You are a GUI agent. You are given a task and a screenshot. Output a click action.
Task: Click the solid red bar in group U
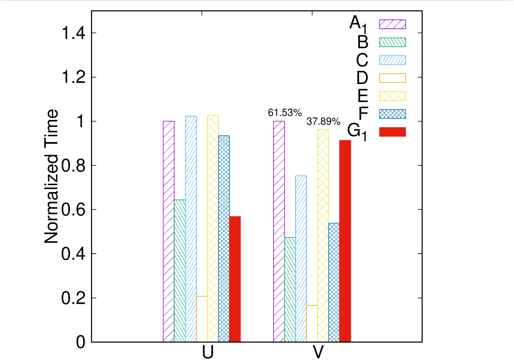pos(235,279)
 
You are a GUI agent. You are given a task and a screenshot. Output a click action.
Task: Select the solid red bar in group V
pos(345,241)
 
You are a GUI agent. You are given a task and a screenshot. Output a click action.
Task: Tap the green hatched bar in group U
pos(180,271)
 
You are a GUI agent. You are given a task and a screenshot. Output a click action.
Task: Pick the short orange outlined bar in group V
pos(312,324)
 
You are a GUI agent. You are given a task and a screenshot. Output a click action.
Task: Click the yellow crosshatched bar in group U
pos(213,229)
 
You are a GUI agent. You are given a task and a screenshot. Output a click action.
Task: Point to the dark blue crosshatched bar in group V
pos(334,282)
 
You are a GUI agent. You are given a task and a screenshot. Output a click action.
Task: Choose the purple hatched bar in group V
pos(279,231)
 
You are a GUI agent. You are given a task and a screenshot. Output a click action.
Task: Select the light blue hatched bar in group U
pos(191,229)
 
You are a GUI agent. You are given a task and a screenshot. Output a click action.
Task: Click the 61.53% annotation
pos(285,113)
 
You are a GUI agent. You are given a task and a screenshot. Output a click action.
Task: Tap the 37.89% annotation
pos(324,122)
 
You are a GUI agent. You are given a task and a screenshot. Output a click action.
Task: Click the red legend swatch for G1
pos(392,132)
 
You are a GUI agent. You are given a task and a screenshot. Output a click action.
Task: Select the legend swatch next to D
pos(392,78)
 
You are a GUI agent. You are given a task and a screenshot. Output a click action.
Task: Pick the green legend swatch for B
pos(392,42)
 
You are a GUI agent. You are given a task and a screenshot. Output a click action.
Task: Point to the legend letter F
pos(363,114)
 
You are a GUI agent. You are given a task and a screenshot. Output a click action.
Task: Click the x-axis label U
pos(208,352)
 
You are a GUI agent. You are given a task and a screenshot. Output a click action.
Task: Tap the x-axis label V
pos(318,352)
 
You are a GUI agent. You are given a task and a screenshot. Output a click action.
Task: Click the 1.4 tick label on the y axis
pos(74,33)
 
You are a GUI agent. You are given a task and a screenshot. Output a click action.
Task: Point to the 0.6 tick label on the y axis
pos(74,210)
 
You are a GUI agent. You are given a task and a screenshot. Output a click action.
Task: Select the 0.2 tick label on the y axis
pos(74,298)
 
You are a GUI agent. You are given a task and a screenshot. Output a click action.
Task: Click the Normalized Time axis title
pos(52,176)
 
